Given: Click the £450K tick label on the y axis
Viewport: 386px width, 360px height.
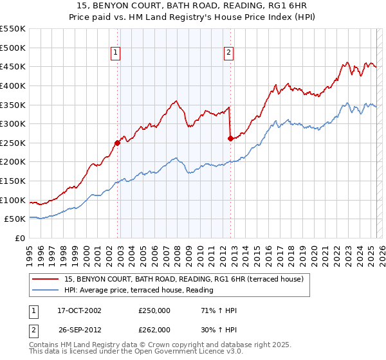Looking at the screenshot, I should (x=14, y=66).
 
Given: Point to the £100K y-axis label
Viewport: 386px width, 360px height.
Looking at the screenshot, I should (x=14, y=200).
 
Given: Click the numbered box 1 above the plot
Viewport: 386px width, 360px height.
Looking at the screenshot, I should (x=115, y=54).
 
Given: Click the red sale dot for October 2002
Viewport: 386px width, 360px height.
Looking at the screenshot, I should (x=118, y=143).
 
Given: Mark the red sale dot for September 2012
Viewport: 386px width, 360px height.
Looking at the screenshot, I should (x=230, y=138).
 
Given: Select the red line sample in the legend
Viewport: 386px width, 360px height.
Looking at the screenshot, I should (x=46, y=279).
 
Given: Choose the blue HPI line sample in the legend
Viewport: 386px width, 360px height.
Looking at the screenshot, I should (x=46, y=290).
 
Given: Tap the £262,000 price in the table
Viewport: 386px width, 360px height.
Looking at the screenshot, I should (x=154, y=329).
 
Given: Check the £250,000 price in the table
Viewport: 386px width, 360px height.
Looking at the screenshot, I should (x=154, y=310).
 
